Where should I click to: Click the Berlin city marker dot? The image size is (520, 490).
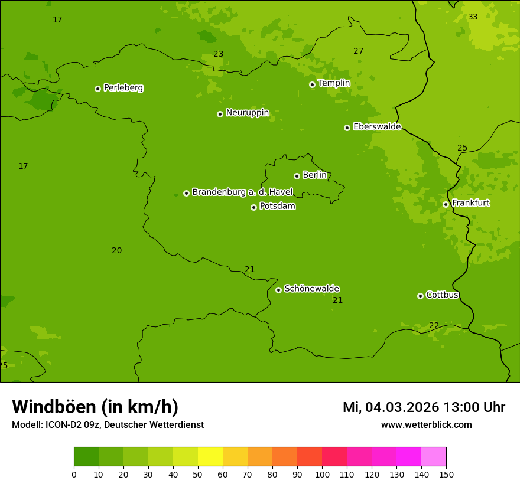297,176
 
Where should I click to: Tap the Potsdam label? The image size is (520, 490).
277,206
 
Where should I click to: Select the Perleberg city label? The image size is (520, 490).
123,88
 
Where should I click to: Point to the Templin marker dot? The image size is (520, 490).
312,84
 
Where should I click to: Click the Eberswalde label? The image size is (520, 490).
377,127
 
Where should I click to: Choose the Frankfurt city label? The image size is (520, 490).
470,203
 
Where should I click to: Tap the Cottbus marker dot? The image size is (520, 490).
420,296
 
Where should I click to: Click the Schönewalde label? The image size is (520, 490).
311,289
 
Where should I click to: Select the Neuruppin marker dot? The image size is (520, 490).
220,114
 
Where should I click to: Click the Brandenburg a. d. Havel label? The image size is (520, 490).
242,192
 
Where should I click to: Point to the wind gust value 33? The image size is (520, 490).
473,17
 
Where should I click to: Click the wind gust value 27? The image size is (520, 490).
358,51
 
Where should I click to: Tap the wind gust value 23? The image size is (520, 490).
218,54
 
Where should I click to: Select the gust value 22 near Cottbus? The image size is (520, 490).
434,325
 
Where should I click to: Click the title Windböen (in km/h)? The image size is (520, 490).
95,407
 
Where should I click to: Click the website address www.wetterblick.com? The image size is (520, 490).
426,424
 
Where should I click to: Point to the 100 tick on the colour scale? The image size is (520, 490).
322,473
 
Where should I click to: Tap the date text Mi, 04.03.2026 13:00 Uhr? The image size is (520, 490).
424,407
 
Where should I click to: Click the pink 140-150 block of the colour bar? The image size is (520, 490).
434,457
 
